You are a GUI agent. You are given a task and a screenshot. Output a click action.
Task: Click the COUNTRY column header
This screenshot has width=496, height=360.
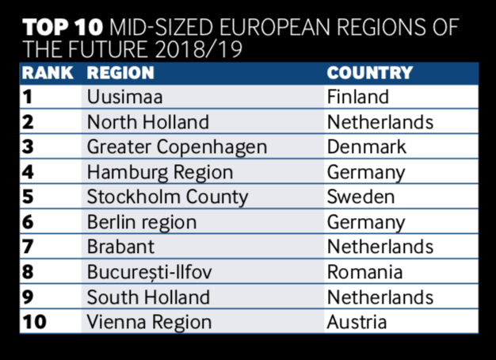point(370,73)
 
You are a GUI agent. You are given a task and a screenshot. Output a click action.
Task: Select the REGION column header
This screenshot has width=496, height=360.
point(120,73)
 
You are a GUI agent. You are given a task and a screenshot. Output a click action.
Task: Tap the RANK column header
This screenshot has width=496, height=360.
point(48,73)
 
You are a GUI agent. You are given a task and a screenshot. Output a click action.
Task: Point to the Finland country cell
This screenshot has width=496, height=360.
point(358,98)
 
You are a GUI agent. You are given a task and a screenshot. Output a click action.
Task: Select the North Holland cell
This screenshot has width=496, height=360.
point(148,123)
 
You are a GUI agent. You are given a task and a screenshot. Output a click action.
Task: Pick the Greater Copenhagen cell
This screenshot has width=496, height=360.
point(177,147)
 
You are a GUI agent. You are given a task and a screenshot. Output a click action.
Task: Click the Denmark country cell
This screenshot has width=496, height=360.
point(366,147)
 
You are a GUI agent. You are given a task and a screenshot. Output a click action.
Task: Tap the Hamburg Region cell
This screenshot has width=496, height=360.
point(160,173)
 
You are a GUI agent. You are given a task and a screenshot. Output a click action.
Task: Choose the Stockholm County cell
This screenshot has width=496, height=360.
point(167,197)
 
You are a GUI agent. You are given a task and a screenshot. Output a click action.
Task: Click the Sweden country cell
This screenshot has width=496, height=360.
point(361,197)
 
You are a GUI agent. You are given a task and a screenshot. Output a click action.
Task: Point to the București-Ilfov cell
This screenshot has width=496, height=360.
point(150,273)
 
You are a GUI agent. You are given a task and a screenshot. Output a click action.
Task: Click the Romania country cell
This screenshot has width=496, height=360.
point(364,273)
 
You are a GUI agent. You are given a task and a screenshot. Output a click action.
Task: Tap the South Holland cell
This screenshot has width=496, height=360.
point(148,297)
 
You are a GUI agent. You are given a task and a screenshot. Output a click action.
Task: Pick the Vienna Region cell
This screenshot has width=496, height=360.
point(150,323)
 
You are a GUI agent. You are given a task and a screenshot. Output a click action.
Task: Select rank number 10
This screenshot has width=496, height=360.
point(36,323)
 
